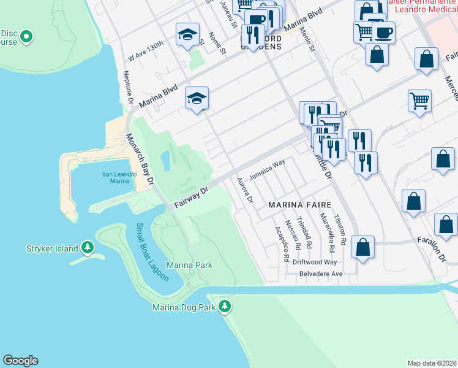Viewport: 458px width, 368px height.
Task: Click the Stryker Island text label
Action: click(x=52, y=248)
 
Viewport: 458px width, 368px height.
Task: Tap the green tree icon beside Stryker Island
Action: click(x=88, y=248)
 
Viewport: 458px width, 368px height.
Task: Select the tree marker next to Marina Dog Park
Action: click(x=225, y=305)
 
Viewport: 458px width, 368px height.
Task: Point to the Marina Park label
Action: click(x=189, y=265)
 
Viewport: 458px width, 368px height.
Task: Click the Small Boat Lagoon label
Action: click(x=152, y=252)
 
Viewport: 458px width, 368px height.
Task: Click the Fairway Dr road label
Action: click(x=191, y=197)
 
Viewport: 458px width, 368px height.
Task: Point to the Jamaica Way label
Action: click(x=270, y=166)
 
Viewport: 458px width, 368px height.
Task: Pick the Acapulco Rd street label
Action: click(x=282, y=244)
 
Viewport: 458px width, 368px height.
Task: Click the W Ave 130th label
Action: click(x=146, y=52)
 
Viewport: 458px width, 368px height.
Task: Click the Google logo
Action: click(x=20, y=361)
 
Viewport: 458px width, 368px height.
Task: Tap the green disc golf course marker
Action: click(x=26, y=38)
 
